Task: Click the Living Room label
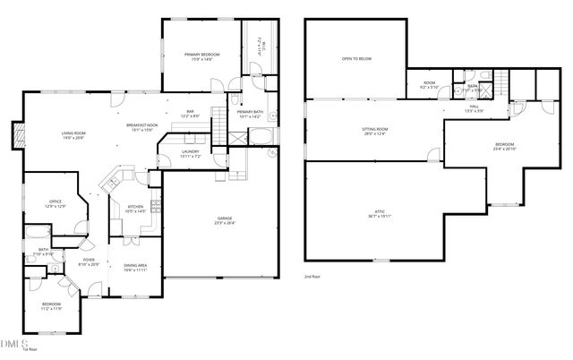tap(73, 135)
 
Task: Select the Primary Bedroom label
tap(201, 56)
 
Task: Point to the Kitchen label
tap(134, 209)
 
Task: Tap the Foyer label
tap(89, 264)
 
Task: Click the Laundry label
tap(190, 153)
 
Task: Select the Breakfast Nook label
tap(141, 127)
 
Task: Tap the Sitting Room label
tap(374, 132)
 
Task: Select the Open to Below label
tap(356, 59)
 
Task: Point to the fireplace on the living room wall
tap(14, 136)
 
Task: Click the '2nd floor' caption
tap(312, 279)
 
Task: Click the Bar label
tap(190, 113)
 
